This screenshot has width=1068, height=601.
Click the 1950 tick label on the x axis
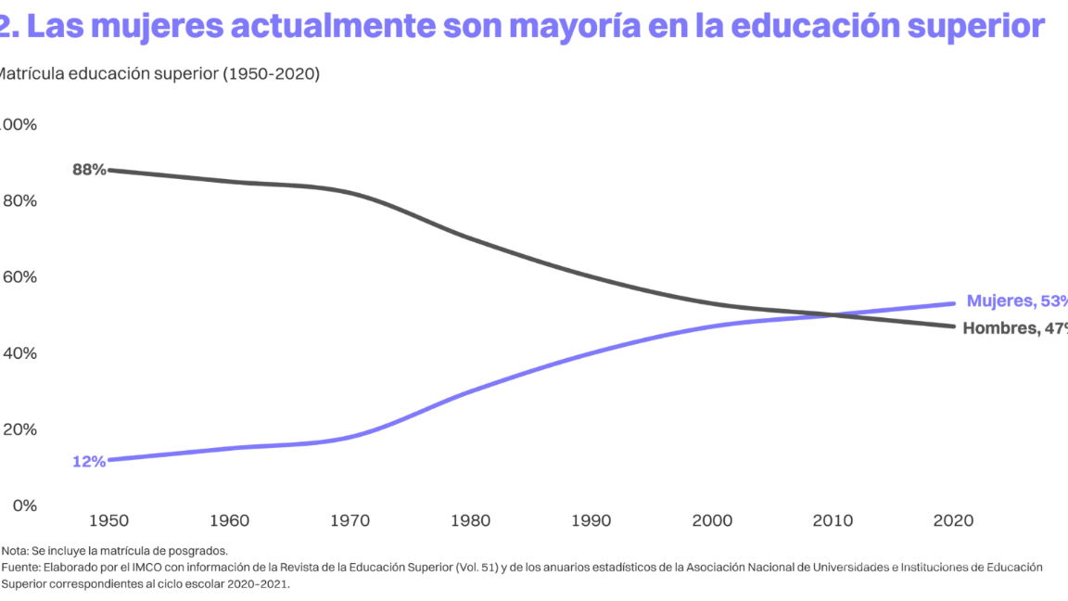tap(108, 520)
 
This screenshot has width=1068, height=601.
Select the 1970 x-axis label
tap(351, 520)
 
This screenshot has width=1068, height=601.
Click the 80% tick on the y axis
tap(19, 201)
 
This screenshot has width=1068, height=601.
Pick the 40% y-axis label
tap(19, 353)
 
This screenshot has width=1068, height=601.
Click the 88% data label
tap(89, 170)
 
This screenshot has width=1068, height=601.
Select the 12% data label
tap(89, 461)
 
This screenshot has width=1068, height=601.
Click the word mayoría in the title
tap(578, 26)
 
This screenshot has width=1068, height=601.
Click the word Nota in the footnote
tap(14, 550)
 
